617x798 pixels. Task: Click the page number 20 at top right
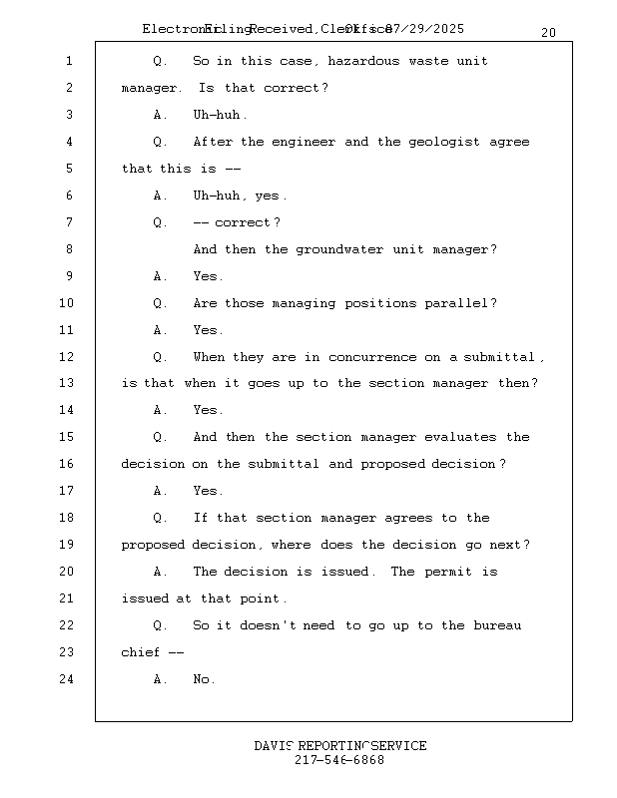(548, 33)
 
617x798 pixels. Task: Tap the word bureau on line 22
(497, 625)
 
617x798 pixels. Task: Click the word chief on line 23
(141, 652)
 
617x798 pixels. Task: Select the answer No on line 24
(204, 679)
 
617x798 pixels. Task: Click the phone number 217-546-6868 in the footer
(339, 760)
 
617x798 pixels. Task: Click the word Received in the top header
(283, 29)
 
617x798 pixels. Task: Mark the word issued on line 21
(146, 598)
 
